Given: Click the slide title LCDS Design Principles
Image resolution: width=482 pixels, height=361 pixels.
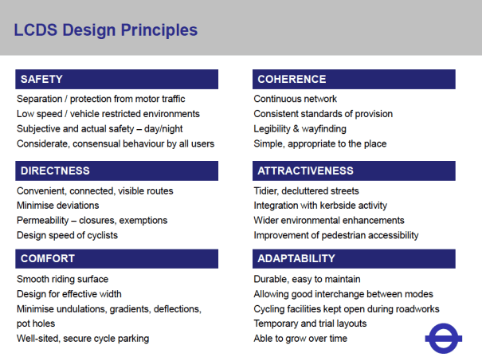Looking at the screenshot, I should [106, 31].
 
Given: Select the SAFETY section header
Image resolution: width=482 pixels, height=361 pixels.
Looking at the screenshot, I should [116, 79].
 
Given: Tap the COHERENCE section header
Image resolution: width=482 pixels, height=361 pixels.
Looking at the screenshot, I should [355, 79].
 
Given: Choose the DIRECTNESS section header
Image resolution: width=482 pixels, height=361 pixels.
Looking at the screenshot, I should [116, 171].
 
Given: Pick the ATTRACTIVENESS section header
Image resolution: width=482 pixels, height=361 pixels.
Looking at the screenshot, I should [355, 171].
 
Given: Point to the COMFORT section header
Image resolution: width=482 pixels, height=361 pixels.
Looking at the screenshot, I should [116, 259].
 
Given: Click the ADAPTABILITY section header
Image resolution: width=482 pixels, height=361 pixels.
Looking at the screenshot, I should [355, 259].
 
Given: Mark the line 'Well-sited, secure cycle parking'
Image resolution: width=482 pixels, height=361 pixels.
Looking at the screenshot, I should [83, 338].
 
